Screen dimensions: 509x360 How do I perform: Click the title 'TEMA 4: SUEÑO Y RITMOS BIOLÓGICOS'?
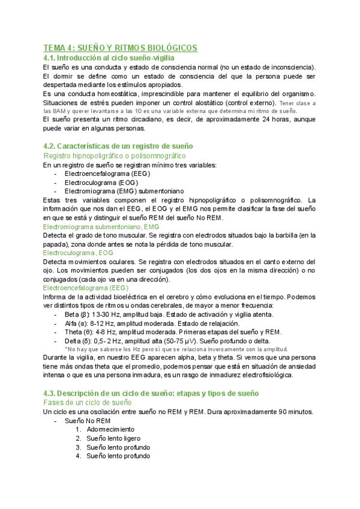click(120, 47)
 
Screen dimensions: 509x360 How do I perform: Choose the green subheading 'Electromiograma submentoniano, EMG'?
click(101, 226)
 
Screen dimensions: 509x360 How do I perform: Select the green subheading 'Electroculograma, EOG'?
click(78, 253)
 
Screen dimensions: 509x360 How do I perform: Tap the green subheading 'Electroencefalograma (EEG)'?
click(86, 288)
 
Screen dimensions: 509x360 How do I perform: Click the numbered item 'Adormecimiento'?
click(110, 430)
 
